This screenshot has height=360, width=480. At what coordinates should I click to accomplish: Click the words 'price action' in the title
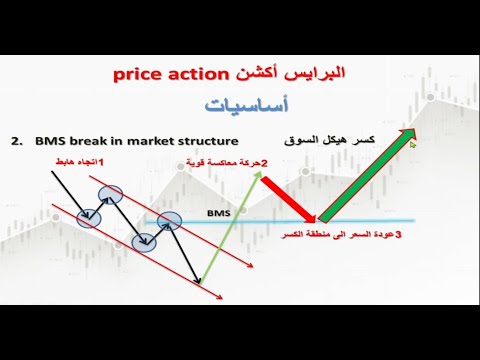pyautogui.click(x=171, y=75)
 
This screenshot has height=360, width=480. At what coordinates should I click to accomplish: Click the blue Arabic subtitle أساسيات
pyautogui.click(x=246, y=106)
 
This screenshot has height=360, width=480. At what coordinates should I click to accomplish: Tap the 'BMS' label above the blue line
pyautogui.click(x=219, y=213)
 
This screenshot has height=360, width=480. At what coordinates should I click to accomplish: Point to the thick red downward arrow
pyautogui.click(x=288, y=199)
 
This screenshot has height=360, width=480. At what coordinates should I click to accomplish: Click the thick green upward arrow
pyautogui.click(x=367, y=175)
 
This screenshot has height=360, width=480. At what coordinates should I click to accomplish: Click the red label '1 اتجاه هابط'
pyautogui.click(x=79, y=162)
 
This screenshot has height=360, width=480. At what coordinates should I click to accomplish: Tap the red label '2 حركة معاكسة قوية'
pyautogui.click(x=227, y=163)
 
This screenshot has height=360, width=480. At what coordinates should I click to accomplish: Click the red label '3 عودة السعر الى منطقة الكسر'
pyautogui.click(x=341, y=235)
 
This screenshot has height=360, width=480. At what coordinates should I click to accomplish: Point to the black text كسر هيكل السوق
pyautogui.click(x=330, y=140)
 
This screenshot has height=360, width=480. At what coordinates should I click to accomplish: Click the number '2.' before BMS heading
pyautogui.click(x=17, y=141)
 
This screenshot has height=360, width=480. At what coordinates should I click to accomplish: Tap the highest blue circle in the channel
pyautogui.click(x=110, y=195)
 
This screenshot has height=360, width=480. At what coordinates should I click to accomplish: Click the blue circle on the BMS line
pyautogui.click(x=169, y=221)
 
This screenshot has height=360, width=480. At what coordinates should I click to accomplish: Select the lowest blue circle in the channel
pyautogui.click(x=144, y=243)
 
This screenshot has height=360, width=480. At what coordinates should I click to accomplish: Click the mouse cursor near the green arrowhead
pyautogui.click(x=413, y=145)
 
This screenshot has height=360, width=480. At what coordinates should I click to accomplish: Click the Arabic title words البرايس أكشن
pyautogui.click(x=290, y=73)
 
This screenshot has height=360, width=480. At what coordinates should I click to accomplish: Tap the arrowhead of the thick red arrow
pyautogui.click(x=311, y=218)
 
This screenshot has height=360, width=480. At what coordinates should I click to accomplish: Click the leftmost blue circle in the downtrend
pyautogui.click(x=89, y=219)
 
